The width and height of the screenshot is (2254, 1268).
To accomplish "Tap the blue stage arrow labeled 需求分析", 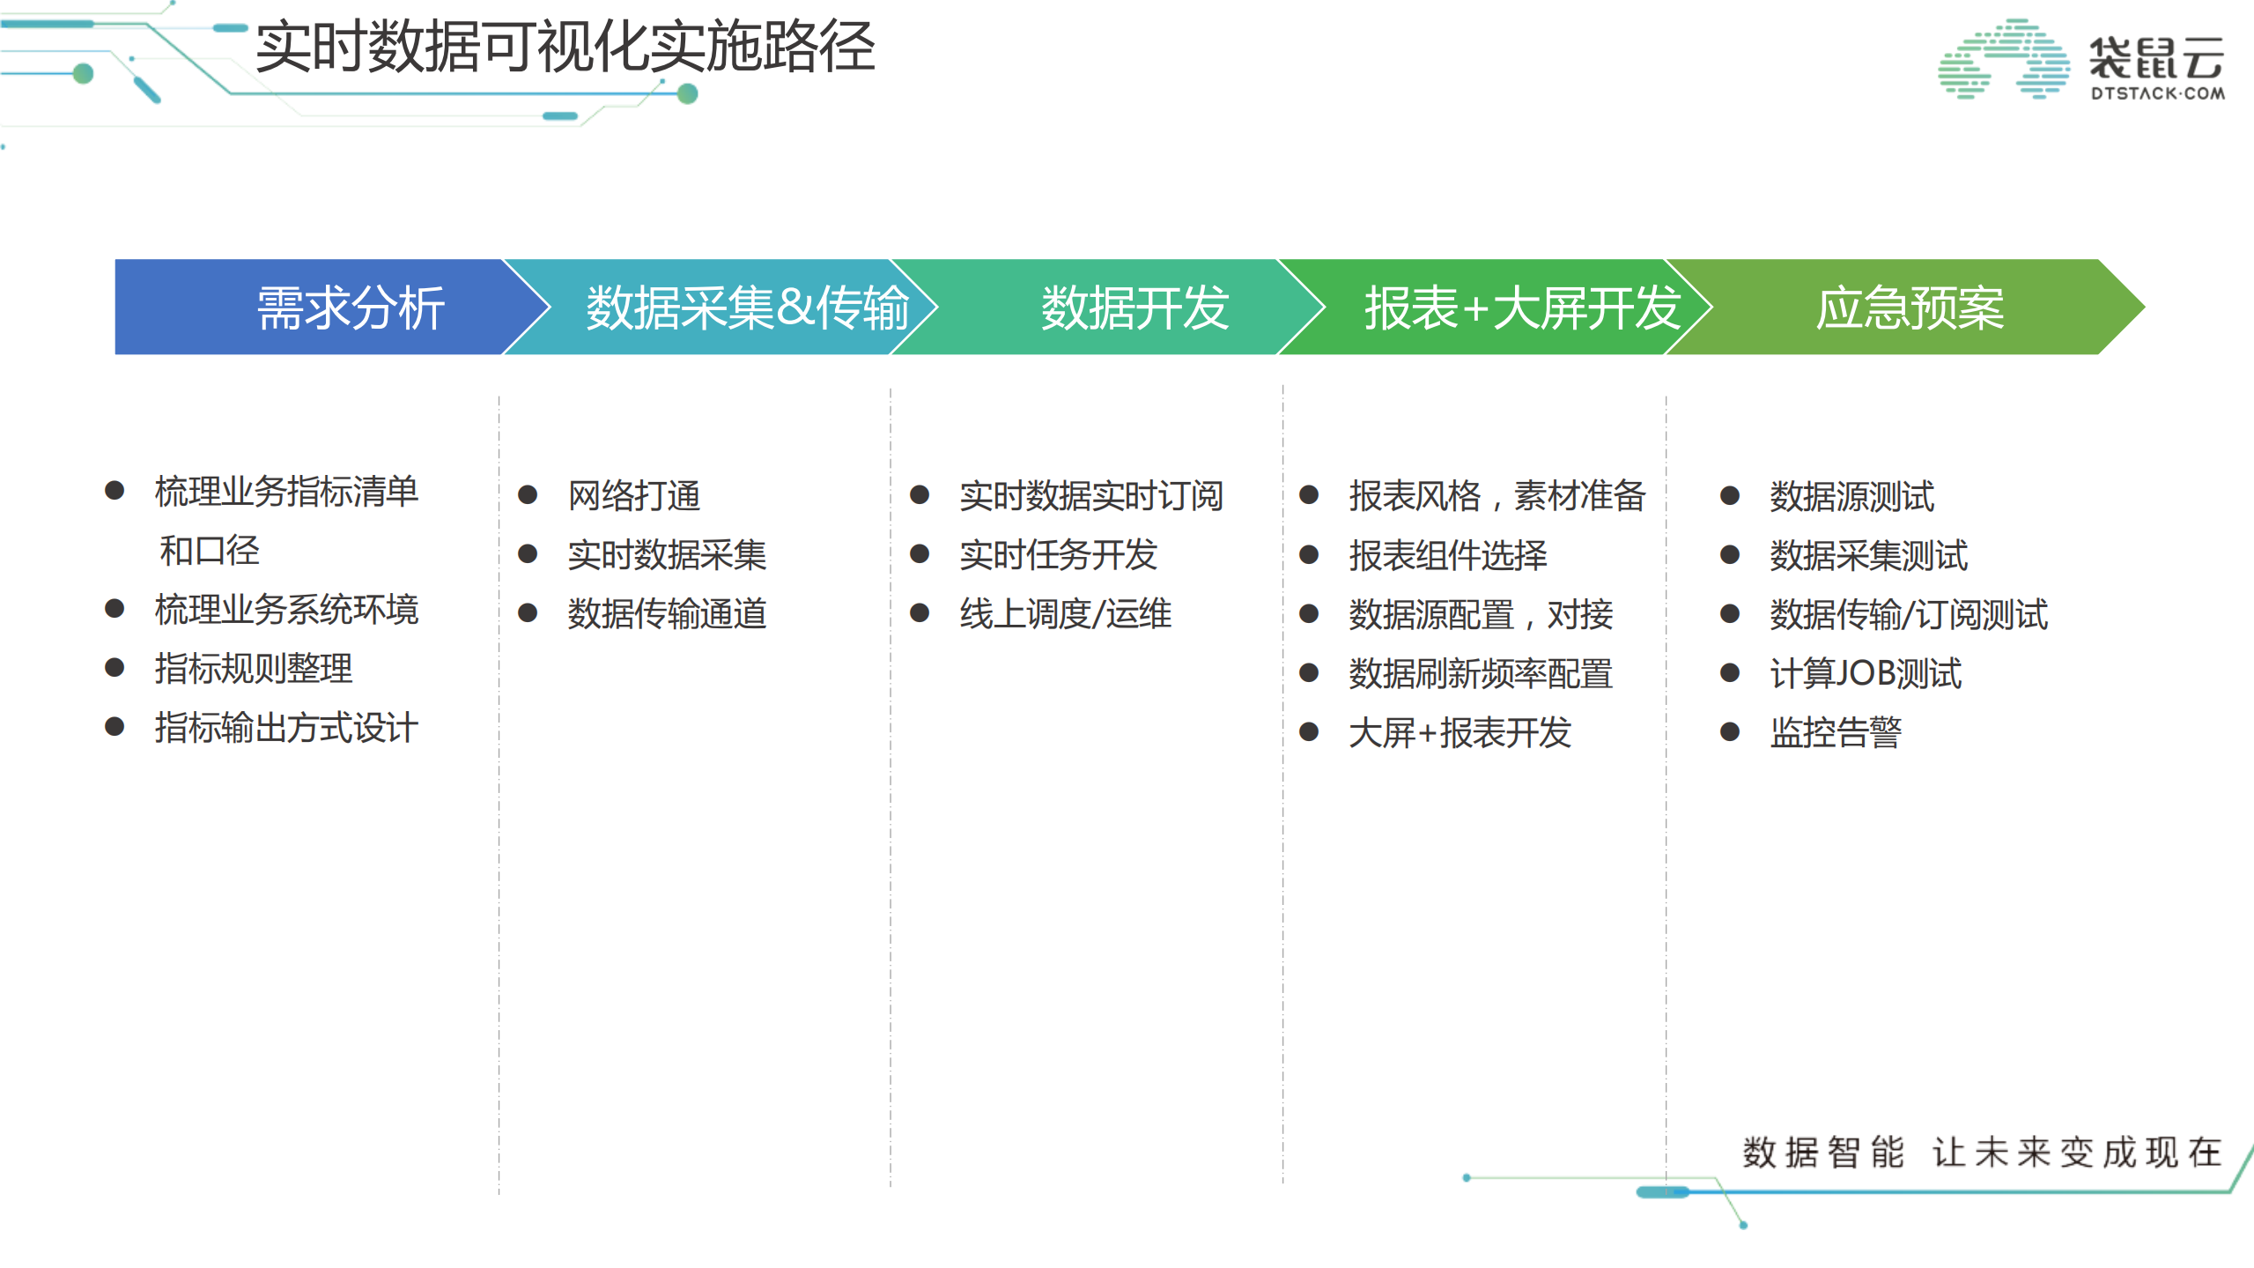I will coord(350,308).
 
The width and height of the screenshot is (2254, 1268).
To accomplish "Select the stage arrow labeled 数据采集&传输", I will coord(746,308).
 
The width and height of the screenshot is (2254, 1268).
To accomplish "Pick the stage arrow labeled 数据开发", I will coord(1134,308).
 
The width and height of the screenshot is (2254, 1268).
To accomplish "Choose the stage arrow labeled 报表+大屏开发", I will coord(1521,308).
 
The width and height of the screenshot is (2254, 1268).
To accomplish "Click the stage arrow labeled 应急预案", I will coord(1909,308).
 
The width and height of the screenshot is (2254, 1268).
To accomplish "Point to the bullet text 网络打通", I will coord(634,496).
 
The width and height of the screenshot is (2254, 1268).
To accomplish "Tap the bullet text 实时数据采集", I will coord(667,555).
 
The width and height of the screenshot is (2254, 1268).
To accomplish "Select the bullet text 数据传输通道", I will coord(667,614).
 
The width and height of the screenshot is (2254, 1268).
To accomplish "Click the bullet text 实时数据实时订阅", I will coord(1090,496).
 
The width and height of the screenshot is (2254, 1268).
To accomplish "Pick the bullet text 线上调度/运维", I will coord(1065,614).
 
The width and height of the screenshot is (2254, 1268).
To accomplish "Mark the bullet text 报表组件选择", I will coord(1447,555).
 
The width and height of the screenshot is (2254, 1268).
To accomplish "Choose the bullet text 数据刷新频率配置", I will coord(1480,674).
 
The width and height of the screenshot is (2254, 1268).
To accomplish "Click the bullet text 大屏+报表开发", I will coord(1460,733).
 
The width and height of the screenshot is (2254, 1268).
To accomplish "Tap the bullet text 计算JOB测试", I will coord(1865,674).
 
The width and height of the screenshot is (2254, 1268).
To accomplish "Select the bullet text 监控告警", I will coord(1836,733).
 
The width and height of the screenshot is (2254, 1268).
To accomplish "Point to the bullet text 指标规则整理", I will coord(253,669).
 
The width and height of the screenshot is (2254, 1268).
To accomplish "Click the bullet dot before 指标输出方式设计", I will coord(114,727).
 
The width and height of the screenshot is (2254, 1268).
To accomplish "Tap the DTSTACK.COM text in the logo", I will coord(2157,93).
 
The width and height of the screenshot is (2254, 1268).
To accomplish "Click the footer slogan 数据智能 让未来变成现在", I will coord(1982,1153).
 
